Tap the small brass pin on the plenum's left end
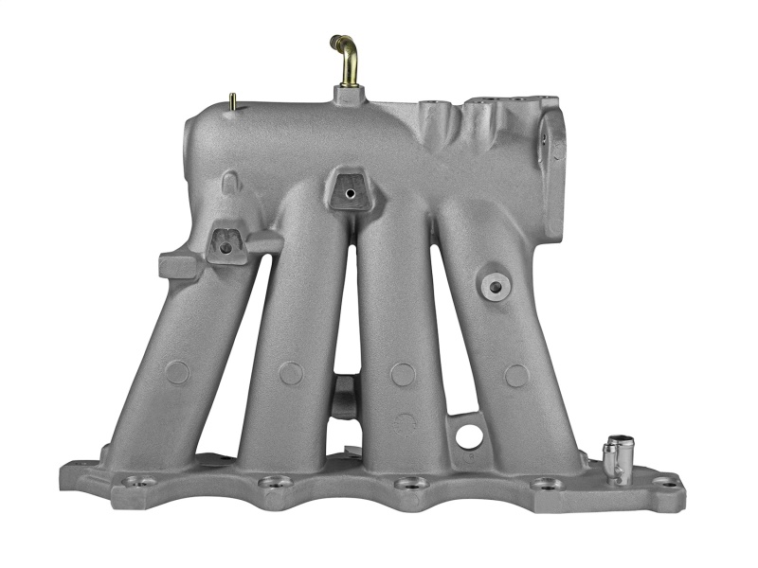point(232,99)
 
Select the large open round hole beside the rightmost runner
point(469,436)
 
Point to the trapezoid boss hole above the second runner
point(350,193)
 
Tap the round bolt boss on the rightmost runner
point(494,285)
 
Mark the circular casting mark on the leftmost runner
point(177,372)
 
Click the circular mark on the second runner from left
point(291,373)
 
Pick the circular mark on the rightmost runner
point(516,376)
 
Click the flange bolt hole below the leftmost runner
point(141,482)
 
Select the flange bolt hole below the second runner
point(274,483)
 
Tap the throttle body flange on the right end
point(552,170)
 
